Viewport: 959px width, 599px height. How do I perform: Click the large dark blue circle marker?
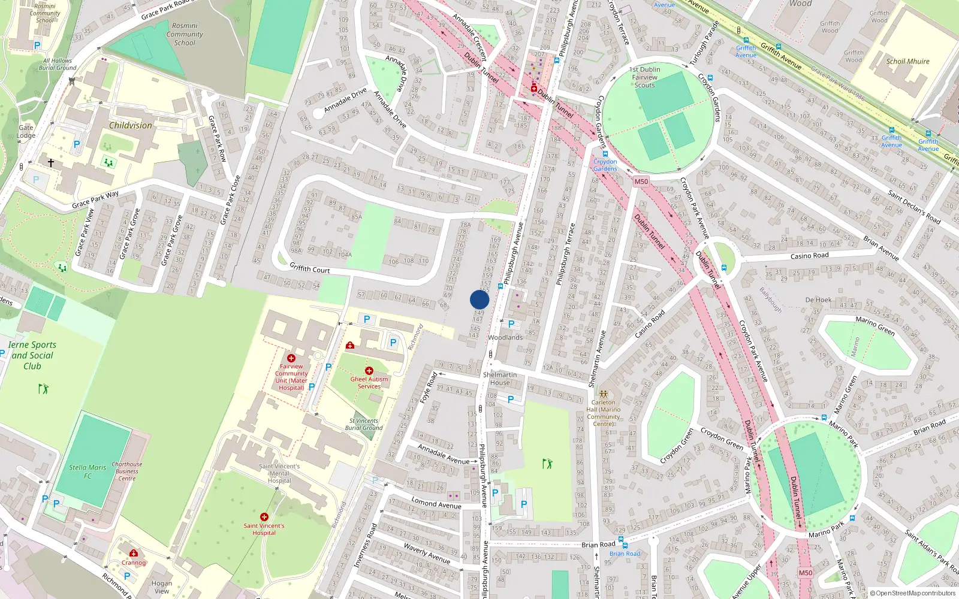479,299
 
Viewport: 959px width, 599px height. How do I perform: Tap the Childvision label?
131,125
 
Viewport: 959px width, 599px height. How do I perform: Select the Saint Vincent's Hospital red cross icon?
264,516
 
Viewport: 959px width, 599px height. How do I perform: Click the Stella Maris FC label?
88,471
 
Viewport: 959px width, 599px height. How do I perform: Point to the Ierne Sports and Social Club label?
32,355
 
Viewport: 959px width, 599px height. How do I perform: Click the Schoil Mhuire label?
908,61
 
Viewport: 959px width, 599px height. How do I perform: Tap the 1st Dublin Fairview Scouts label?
645,77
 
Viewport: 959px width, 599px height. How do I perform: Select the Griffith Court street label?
310,268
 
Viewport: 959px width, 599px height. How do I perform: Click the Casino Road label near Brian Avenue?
809,256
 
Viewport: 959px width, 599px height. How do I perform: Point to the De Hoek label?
818,299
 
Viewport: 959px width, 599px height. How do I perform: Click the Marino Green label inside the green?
875,326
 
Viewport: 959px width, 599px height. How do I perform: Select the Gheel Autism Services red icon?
369,371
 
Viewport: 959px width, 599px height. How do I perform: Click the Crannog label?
134,562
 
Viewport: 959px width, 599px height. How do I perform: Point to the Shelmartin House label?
500,379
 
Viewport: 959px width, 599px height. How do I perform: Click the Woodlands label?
505,337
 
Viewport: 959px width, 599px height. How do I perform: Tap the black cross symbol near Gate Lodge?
51,162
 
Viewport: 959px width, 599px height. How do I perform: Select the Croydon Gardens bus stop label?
605,165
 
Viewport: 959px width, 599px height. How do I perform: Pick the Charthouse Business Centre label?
127,471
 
